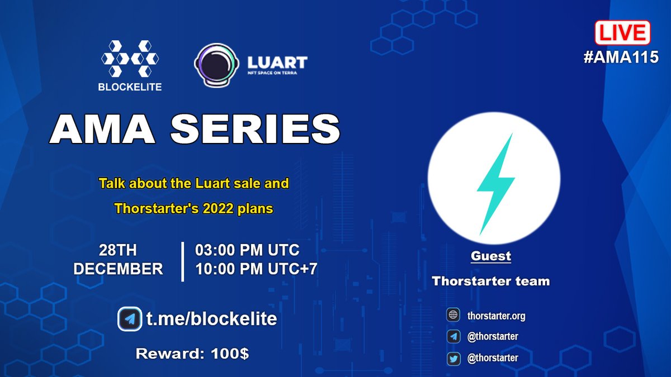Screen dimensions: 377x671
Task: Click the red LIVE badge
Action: (622, 33)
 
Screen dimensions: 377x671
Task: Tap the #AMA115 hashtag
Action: (621, 57)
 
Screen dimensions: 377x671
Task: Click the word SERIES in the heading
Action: (254, 130)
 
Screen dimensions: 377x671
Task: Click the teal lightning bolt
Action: (495, 184)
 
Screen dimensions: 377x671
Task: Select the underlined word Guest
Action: (490, 256)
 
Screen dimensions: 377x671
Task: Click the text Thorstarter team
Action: (490, 281)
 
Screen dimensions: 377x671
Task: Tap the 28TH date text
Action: (118, 250)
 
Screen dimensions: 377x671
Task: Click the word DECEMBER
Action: (118, 269)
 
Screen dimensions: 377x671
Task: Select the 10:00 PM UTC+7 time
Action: (256, 269)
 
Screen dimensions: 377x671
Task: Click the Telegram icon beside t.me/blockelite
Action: (130, 319)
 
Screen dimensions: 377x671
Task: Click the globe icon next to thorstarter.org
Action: (453, 316)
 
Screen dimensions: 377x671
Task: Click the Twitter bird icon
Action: (453, 358)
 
